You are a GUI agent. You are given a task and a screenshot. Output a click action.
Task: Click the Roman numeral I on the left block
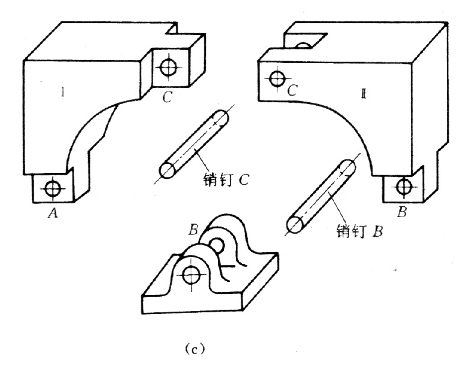click(x=63, y=92)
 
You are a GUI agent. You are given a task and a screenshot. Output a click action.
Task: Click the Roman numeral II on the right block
click(x=363, y=94)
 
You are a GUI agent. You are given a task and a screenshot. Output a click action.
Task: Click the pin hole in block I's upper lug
click(x=168, y=67)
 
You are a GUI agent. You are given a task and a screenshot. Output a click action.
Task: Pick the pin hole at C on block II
click(x=277, y=79)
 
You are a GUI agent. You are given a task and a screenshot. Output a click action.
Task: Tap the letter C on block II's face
click(x=293, y=90)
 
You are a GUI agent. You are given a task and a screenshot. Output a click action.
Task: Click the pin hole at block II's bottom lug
click(x=404, y=187)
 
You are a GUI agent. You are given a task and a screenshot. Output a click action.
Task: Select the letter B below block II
click(x=402, y=212)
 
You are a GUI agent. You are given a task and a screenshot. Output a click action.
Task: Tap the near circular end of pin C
click(x=167, y=170)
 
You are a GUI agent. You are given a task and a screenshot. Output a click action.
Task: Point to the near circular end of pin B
click(x=295, y=225)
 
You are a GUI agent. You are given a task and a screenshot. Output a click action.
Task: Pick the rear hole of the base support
click(x=217, y=245)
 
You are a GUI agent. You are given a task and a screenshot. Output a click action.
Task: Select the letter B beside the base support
click(x=194, y=230)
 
